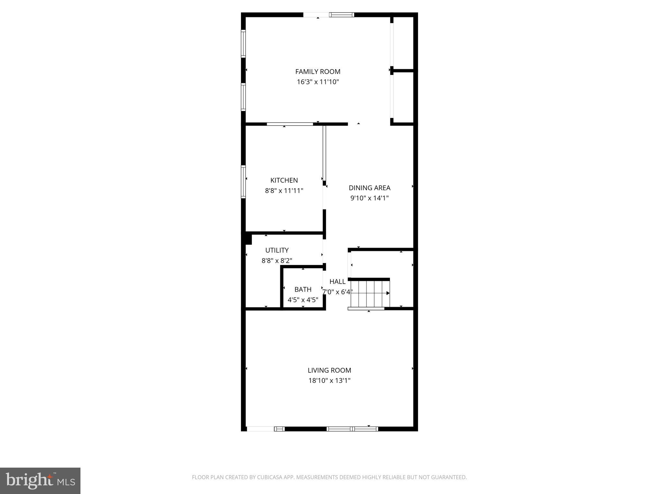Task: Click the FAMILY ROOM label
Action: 318,71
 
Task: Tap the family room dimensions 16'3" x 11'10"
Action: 318,82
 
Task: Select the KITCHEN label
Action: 284,180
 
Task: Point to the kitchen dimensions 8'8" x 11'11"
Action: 284,190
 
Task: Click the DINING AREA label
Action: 369,188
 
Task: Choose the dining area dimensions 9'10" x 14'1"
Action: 369,198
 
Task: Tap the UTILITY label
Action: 277,250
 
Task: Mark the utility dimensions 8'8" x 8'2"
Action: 277,260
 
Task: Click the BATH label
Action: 303,289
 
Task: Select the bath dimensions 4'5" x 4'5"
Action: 303,300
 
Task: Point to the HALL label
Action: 337,281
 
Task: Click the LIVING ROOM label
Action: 329,370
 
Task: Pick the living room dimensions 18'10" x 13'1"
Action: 329,380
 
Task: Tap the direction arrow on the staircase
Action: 388,293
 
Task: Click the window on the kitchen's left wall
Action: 244,181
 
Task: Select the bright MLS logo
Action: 40,480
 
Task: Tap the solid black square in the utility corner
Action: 248,239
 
